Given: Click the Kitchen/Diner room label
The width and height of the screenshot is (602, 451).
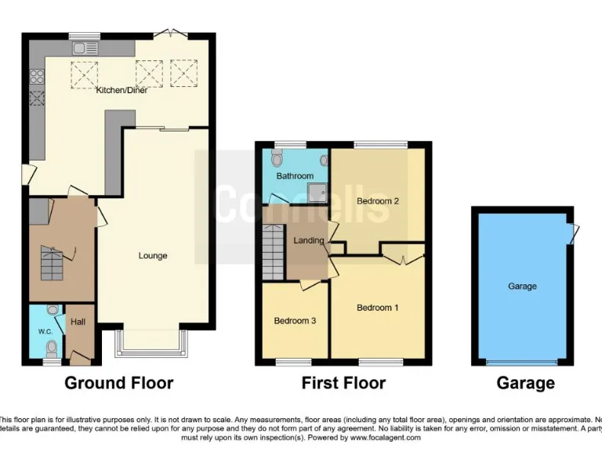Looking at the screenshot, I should coord(121,91).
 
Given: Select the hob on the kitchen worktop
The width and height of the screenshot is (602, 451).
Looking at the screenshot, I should coord(36,77).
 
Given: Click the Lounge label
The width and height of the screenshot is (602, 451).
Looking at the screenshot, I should coord(153,256).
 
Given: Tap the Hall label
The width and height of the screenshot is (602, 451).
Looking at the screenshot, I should coord(78,322).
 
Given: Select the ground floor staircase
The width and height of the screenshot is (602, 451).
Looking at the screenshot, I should coord(53,263).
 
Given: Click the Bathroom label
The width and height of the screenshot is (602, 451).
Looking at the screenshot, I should coord(294,176).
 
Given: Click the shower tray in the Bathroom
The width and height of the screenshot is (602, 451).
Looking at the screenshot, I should coord(317,192).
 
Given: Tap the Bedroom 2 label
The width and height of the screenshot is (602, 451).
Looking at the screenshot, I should coord(378,201).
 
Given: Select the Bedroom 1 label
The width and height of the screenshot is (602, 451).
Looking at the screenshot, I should coord(377,308).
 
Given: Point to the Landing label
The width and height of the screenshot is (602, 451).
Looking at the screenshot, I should coord(308,240).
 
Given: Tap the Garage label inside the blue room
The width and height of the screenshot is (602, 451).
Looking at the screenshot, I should coord(522,287).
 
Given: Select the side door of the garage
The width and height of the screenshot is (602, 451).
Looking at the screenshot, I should coord(575,233).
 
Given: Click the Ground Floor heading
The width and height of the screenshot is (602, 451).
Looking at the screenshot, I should coord(118,383).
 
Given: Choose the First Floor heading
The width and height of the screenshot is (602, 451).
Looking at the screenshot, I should coord(343,383).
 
